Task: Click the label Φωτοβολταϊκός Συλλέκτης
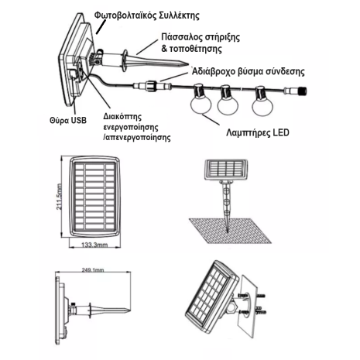(x=146, y=15)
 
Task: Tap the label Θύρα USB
(x=68, y=120)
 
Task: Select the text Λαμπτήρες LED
(x=258, y=132)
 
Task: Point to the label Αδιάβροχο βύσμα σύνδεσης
(x=249, y=71)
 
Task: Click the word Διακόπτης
(x=122, y=117)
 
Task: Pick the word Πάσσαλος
(x=182, y=37)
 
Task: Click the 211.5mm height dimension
(x=59, y=197)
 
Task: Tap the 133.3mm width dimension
(x=94, y=245)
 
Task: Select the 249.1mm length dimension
(x=93, y=270)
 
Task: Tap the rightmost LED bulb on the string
(x=262, y=101)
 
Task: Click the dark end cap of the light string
(x=302, y=91)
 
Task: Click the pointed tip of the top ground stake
(x=187, y=64)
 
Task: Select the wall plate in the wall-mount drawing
(x=247, y=307)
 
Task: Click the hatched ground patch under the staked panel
(x=230, y=231)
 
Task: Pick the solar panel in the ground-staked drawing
(x=226, y=170)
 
